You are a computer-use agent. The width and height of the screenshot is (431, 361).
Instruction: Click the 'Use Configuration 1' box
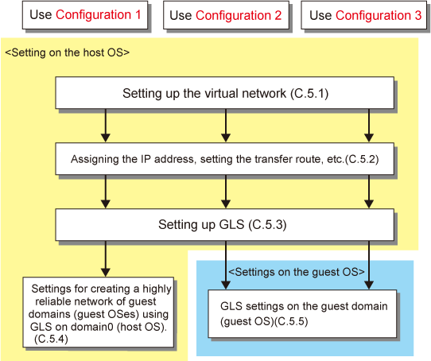(x=85, y=15)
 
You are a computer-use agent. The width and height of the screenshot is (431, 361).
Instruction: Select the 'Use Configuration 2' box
(x=226, y=15)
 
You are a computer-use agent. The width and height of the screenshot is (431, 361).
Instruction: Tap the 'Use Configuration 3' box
(x=363, y=15)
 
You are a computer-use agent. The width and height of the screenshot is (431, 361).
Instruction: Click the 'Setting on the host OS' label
(x=68, y=52)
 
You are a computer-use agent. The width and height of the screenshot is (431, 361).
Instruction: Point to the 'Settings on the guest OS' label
(x=297, y=272)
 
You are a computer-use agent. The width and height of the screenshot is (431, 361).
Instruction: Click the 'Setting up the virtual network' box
(x=224, y=93)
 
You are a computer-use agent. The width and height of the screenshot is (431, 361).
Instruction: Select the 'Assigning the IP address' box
(x=224, y=159)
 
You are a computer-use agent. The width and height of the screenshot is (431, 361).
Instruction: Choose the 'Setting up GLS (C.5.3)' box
(x=224, y=224)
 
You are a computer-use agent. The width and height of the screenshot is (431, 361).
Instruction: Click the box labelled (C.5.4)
(x=99, y=312)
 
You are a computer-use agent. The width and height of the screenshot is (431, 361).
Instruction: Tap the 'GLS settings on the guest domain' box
(x=302, y=314)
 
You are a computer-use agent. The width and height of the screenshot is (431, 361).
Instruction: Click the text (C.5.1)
(x=309, y=94)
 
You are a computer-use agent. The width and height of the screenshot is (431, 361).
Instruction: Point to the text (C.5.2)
(x=362, y=159)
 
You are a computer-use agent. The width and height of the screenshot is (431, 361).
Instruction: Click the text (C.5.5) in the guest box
(x=291, y=321)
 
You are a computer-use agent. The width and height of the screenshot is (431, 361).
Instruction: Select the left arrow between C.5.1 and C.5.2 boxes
(x=106, y=125)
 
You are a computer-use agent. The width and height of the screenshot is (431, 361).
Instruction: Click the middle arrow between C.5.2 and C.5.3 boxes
(x=226, y=191)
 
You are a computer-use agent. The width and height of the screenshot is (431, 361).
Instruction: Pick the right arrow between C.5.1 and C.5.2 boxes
(x=369, y=125)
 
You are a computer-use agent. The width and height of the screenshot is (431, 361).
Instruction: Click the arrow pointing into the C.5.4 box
(x=106, y=258)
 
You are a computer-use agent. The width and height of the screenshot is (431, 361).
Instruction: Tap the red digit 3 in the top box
(x=417, y=15)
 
